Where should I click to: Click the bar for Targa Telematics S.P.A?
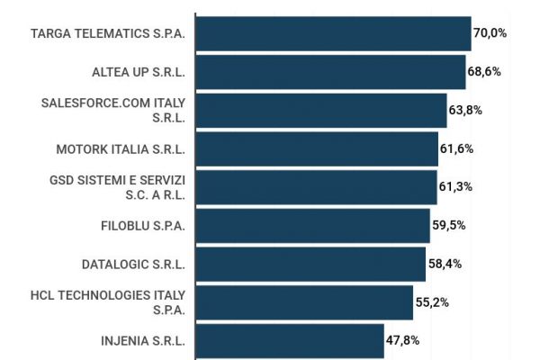pos(333,33)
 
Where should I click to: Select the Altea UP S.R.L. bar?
pos(330,72)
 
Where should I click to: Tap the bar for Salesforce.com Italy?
pos(321,110)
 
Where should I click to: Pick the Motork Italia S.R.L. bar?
pos(317,148)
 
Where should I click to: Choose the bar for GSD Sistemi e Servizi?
pos(316,187)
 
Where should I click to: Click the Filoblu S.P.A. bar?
pos(312,226)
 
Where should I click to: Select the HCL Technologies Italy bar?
pos(304,302)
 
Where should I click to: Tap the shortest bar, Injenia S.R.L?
pos(290,341)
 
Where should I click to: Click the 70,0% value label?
pos(490,33)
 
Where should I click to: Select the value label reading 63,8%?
pos(466,110)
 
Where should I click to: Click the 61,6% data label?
pos(457,148)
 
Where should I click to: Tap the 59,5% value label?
pos(449,226)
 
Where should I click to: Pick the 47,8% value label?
pos(403,341)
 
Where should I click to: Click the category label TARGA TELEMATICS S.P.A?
pos(107,33)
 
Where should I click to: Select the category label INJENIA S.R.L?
pos(143,341)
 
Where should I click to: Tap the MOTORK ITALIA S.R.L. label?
pos(121,148)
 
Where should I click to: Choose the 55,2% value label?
pos(432,302)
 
